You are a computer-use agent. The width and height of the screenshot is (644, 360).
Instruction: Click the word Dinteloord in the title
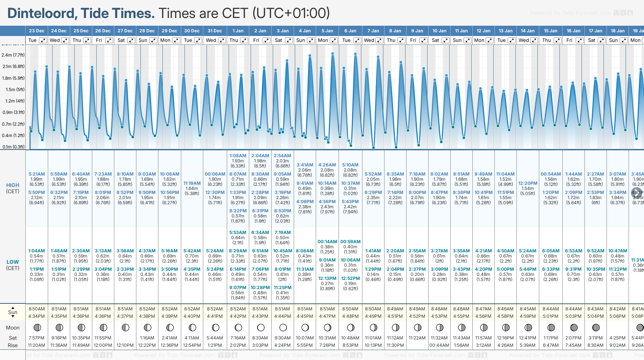pyautogui.click(x=41, y=14)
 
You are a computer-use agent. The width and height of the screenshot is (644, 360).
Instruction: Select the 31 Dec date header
pyautogui.click(x=215, y=31)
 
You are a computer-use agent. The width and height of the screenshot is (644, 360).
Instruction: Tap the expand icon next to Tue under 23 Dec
pyautogui.click(x=43, y=40)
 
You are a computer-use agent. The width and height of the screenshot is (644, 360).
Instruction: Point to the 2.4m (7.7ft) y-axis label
pyautogui.click(x=13, y=55)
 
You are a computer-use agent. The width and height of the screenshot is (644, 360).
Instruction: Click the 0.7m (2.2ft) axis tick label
pyautogui.click(x=13, y=124)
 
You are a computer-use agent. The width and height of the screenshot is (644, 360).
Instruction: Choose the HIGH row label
pyautogui.click(x=12, y=186)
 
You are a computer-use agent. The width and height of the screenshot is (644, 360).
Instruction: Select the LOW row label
pyautogui.click(x=12, y=262)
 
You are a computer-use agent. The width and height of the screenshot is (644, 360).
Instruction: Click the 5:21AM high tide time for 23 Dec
pyautogui.click(x=37, y=174)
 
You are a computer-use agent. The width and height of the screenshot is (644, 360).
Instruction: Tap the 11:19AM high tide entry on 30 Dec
pyautogui.click(x=192, y=183)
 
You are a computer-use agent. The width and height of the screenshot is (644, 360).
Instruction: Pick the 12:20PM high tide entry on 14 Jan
pyautogui.click(x=527, y=183)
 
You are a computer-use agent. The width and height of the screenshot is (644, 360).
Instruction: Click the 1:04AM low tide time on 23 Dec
pyautogui.click(x=37, y=251)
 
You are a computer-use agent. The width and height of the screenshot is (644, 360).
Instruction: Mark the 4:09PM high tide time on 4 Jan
pyautogui.click(x=305, y=202)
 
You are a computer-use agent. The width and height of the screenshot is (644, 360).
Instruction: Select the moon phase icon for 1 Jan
pyautogui.click(x=238, y=327)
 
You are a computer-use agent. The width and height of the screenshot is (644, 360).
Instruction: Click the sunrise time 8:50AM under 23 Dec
pyautogui.click(x=37, y=309)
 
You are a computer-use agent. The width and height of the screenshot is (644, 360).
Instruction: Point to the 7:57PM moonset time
pyautogui.click(x=37, y=338)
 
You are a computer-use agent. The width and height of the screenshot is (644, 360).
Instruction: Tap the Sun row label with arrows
pyautogui.click(x=12, y=312)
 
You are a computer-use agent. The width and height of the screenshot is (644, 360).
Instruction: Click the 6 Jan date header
pyautogui.click(x=350, y=31)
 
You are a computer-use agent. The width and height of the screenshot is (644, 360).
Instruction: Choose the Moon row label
pyautogui.click(x=12, y=328)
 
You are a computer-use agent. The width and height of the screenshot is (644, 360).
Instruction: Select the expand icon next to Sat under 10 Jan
pyautogui.click(x=445, y=40)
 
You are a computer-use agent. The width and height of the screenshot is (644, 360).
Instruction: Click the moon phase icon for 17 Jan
pyautogui.click(x=596, y=327)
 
